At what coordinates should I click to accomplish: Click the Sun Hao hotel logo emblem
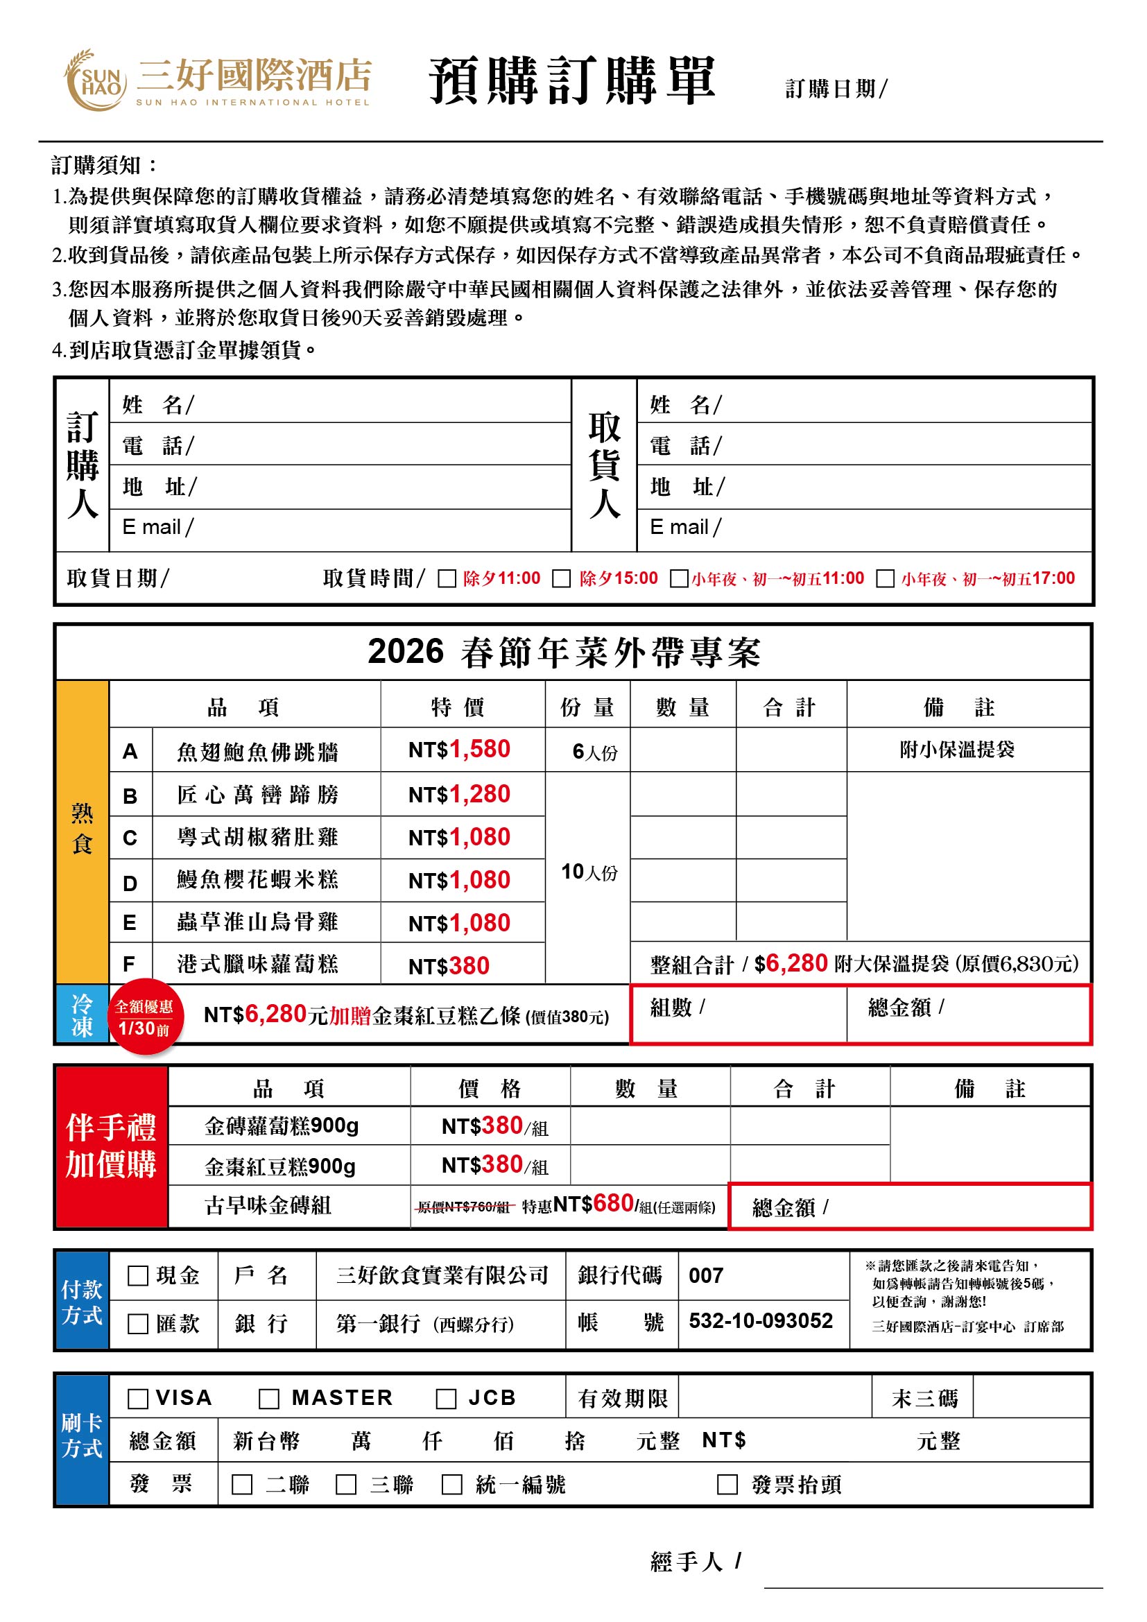[95, 80]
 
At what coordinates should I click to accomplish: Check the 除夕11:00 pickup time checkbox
[447, 578]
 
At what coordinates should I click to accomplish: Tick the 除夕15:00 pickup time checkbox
[561, 578]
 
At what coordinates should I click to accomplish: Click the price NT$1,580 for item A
[459, 750]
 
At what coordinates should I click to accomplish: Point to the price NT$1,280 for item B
[459, 794]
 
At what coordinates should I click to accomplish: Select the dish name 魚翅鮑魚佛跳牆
[258, 752]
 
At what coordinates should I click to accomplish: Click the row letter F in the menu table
[129, 964]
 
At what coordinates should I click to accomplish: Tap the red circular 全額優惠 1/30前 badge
[145, 1017]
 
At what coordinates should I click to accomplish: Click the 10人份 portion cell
[588, 872]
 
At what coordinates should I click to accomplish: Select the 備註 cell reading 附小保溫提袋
[956, 750]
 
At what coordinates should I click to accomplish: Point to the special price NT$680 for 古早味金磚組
[594, 1204]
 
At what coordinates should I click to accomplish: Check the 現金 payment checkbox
[138, 1276]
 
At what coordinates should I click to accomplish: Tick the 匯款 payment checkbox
[138, 1324]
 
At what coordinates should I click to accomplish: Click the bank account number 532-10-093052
[761, 1321]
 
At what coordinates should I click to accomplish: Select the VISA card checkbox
[138, 1399]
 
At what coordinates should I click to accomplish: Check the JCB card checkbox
[446, 1399]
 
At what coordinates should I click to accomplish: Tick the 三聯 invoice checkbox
[345, 1484]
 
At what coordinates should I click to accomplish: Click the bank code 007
[705, 1276]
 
